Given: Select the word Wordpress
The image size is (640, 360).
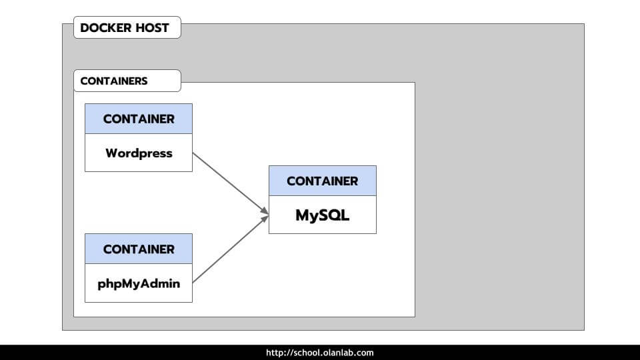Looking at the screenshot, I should [139, 153].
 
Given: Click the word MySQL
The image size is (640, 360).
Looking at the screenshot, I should [322, 215].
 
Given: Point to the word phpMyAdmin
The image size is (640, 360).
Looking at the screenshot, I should [139, 283].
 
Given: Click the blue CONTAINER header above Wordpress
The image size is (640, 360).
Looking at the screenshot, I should [139, 119].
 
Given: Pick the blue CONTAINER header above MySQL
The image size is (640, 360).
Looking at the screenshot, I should [322, 181].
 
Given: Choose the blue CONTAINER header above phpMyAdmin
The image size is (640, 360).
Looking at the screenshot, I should [139, 249].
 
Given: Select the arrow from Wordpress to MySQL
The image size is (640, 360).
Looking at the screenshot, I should [230, 183].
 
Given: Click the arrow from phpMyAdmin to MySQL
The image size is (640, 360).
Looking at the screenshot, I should [230, 249].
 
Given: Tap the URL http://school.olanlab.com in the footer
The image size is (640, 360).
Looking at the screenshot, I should [320, 353].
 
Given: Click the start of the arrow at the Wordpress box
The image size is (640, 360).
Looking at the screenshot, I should [194, 153].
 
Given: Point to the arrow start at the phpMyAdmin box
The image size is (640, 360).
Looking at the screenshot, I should [194, 282].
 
